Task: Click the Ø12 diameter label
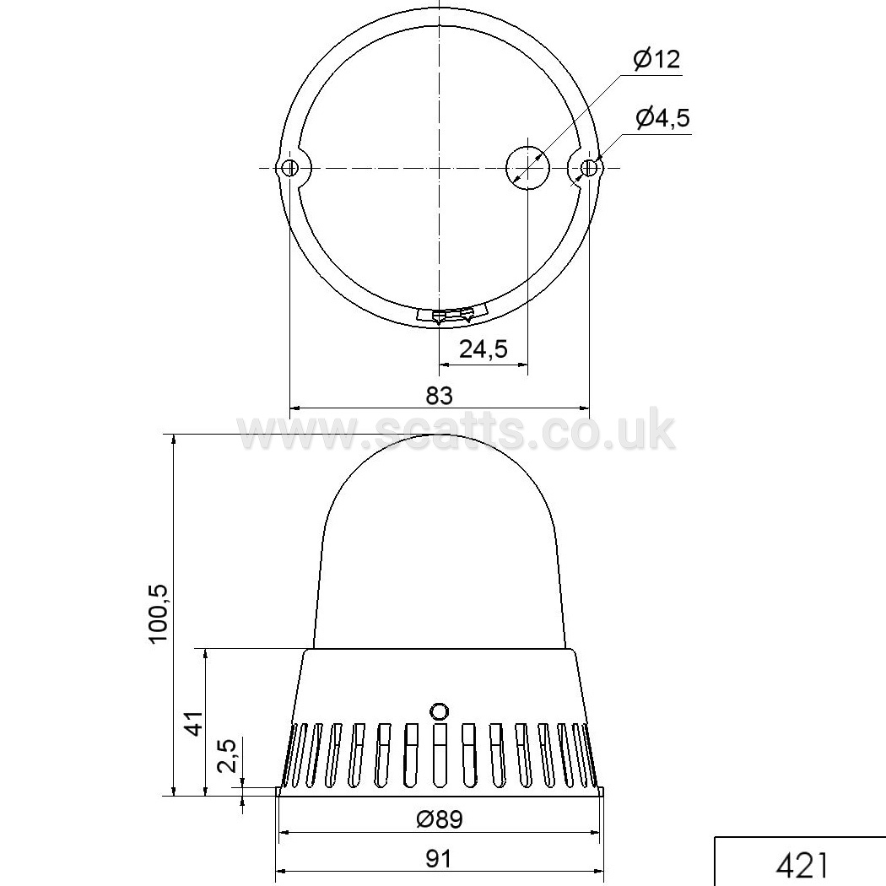[656, 59]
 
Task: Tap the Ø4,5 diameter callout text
[662, 117]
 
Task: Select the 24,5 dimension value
[484, 349]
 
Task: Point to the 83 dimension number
[440, 396]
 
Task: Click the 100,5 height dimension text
[159, 613]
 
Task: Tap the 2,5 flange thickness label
[227, 757]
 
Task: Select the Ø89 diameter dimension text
[440, 819]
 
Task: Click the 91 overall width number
[439, 859]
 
